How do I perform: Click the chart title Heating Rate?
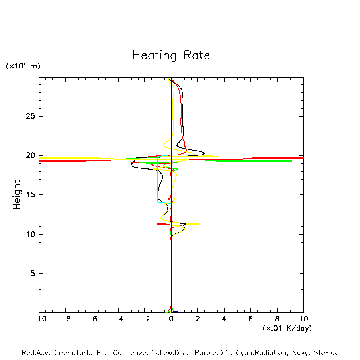tap(171, 55)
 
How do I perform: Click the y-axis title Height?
tap(17, 195)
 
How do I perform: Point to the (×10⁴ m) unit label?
tap(23, 66)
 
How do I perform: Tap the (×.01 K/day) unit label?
tap(287, 328)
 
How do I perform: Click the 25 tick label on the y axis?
tap(31, 116)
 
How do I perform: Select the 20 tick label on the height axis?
tap(31, 155)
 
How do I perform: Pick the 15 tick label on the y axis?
tap(31, 195)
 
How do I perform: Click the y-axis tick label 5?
tap(33, 274)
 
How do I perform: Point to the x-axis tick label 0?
tap(171, 319)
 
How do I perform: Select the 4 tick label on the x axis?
tap(224, 319)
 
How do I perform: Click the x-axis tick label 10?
tap(303, 319)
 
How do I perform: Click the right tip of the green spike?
tap(292, 161)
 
